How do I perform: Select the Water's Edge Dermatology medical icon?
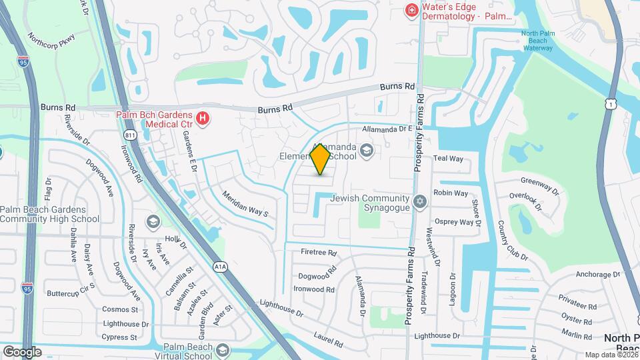412,9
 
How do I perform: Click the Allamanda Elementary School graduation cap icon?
366,152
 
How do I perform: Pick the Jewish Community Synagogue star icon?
419,201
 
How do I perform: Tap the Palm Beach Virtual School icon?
223,351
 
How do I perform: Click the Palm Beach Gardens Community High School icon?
153,221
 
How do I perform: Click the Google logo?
22,351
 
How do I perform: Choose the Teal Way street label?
448,159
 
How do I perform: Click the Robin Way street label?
451,193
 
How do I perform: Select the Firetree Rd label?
317,253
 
